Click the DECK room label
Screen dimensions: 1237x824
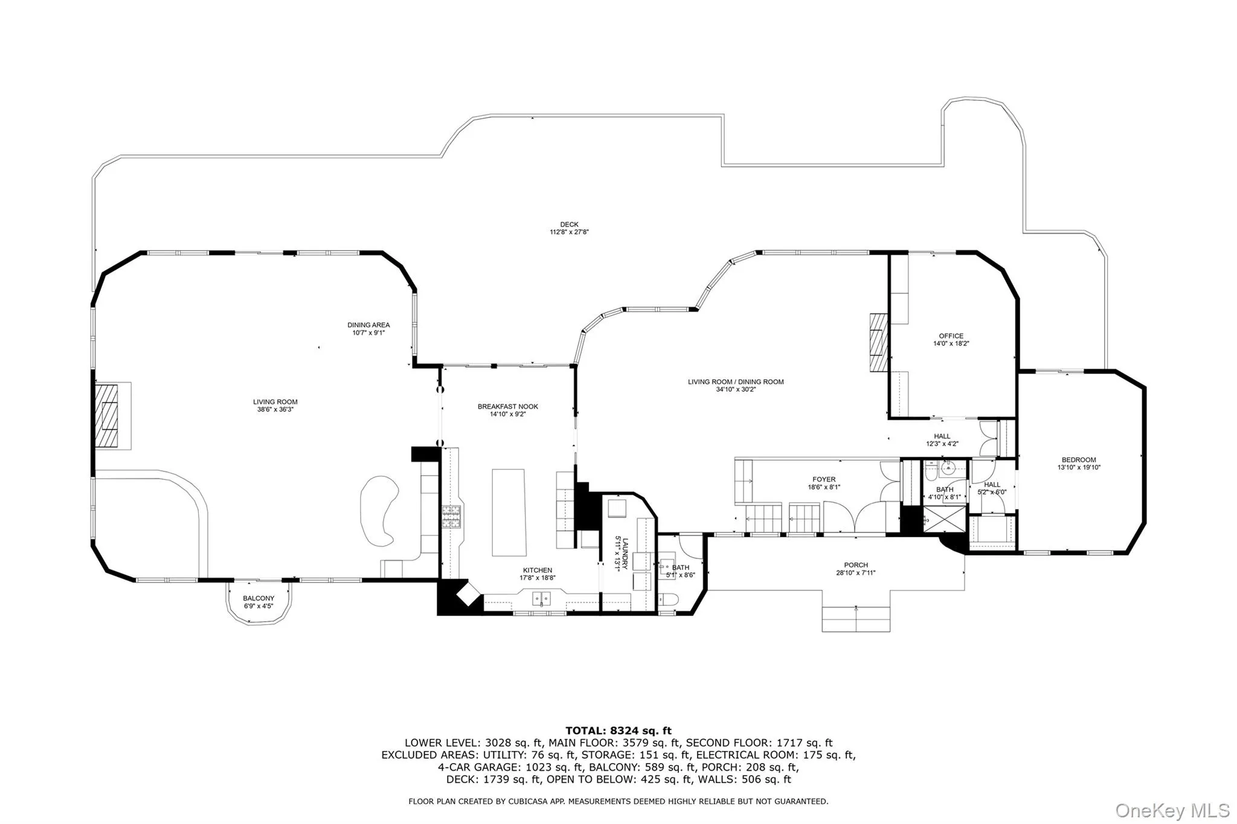tap(569, 225)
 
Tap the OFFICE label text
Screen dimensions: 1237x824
tap(951, 336)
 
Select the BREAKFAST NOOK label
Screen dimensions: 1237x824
tap(508, 407)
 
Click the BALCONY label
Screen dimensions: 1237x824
tap(259, 598)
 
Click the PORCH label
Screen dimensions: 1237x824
tap(856, 565)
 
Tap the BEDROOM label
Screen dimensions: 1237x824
tap(1079, 460)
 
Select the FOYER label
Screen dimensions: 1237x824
tap(824, 480)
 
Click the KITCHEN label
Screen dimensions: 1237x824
tap(538, 570)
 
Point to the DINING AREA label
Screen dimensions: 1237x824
tap(368, 325)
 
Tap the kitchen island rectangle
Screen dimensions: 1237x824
tap(509, 513)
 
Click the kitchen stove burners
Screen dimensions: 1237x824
tap(450, 517)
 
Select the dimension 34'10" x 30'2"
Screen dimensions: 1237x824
tap(736, 389)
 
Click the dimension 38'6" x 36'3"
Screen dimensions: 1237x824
tap(275, 409)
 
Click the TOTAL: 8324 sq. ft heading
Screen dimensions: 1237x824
tap(618, 730)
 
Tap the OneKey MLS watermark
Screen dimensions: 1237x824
tap(1172, 810)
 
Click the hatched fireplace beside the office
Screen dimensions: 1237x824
tap(879, 344)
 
